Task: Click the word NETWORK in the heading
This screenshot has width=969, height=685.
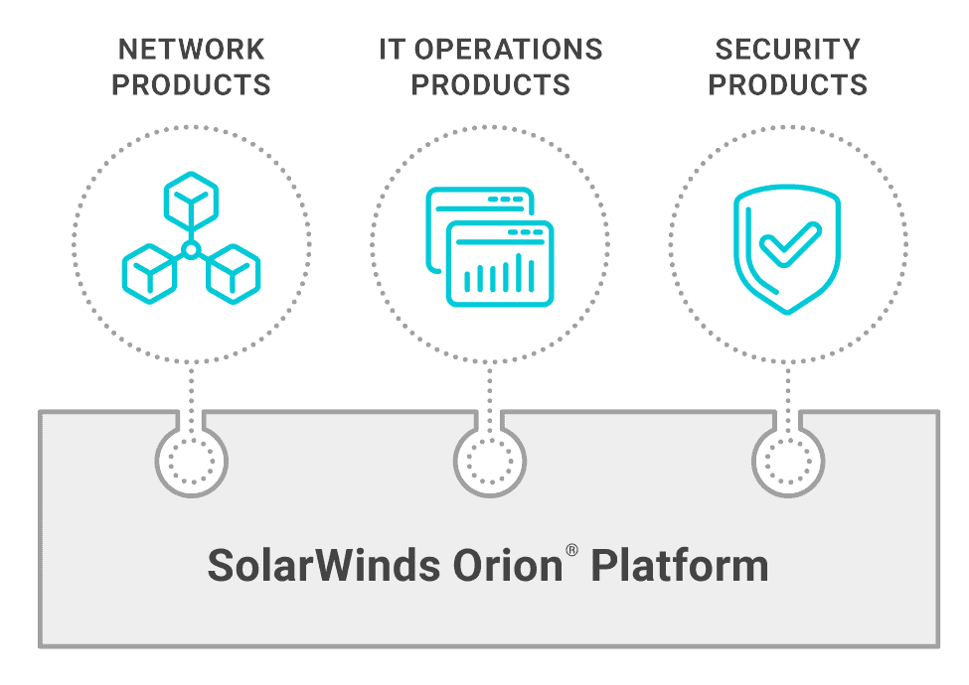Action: point(192,50)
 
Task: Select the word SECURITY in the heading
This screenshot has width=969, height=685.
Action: point(788,50)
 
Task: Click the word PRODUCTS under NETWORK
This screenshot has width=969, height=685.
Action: point(192,85)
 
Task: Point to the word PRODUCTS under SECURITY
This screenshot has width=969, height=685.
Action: point(788,85)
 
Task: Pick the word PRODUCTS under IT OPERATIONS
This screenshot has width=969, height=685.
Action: point(491,85)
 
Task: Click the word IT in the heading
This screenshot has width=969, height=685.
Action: point(393,50)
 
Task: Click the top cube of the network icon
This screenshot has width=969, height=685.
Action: point(191,200)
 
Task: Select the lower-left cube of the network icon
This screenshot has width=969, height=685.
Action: point(149,270)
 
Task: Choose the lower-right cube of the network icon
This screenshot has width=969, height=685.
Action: point(233,270)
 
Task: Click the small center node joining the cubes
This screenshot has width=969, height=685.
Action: point(191,248)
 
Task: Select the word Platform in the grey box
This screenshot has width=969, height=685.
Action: point(680,567)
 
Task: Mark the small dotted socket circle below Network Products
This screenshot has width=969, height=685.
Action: point(192,461)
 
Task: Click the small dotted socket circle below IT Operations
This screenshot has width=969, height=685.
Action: point(490,461)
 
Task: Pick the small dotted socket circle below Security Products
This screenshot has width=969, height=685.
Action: point(788,461)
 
